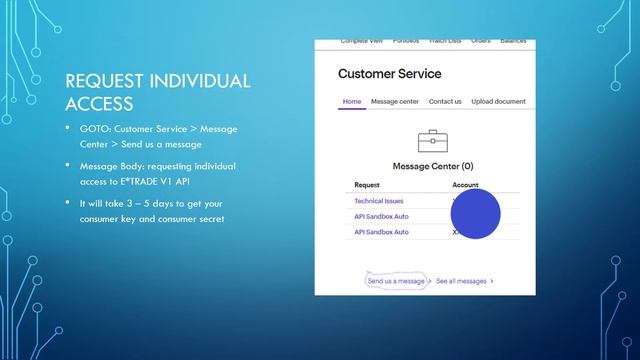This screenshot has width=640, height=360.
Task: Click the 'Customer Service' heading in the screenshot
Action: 389,74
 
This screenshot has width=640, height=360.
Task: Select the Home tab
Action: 352,101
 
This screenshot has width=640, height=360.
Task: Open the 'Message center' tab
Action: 394,101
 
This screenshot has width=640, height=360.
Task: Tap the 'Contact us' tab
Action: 445,101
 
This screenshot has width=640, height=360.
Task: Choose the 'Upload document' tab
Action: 498,101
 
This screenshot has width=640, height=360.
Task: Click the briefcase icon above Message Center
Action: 433,140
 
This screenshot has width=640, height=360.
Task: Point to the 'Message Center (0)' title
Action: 433,166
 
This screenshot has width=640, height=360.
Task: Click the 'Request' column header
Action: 367,185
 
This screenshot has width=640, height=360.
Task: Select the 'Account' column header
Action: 465,185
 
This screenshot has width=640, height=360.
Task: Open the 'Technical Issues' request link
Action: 378,201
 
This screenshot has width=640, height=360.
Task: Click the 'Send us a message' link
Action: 396,281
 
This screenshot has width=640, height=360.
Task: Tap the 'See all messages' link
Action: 462,281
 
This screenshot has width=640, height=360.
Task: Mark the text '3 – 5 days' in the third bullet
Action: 139,203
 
